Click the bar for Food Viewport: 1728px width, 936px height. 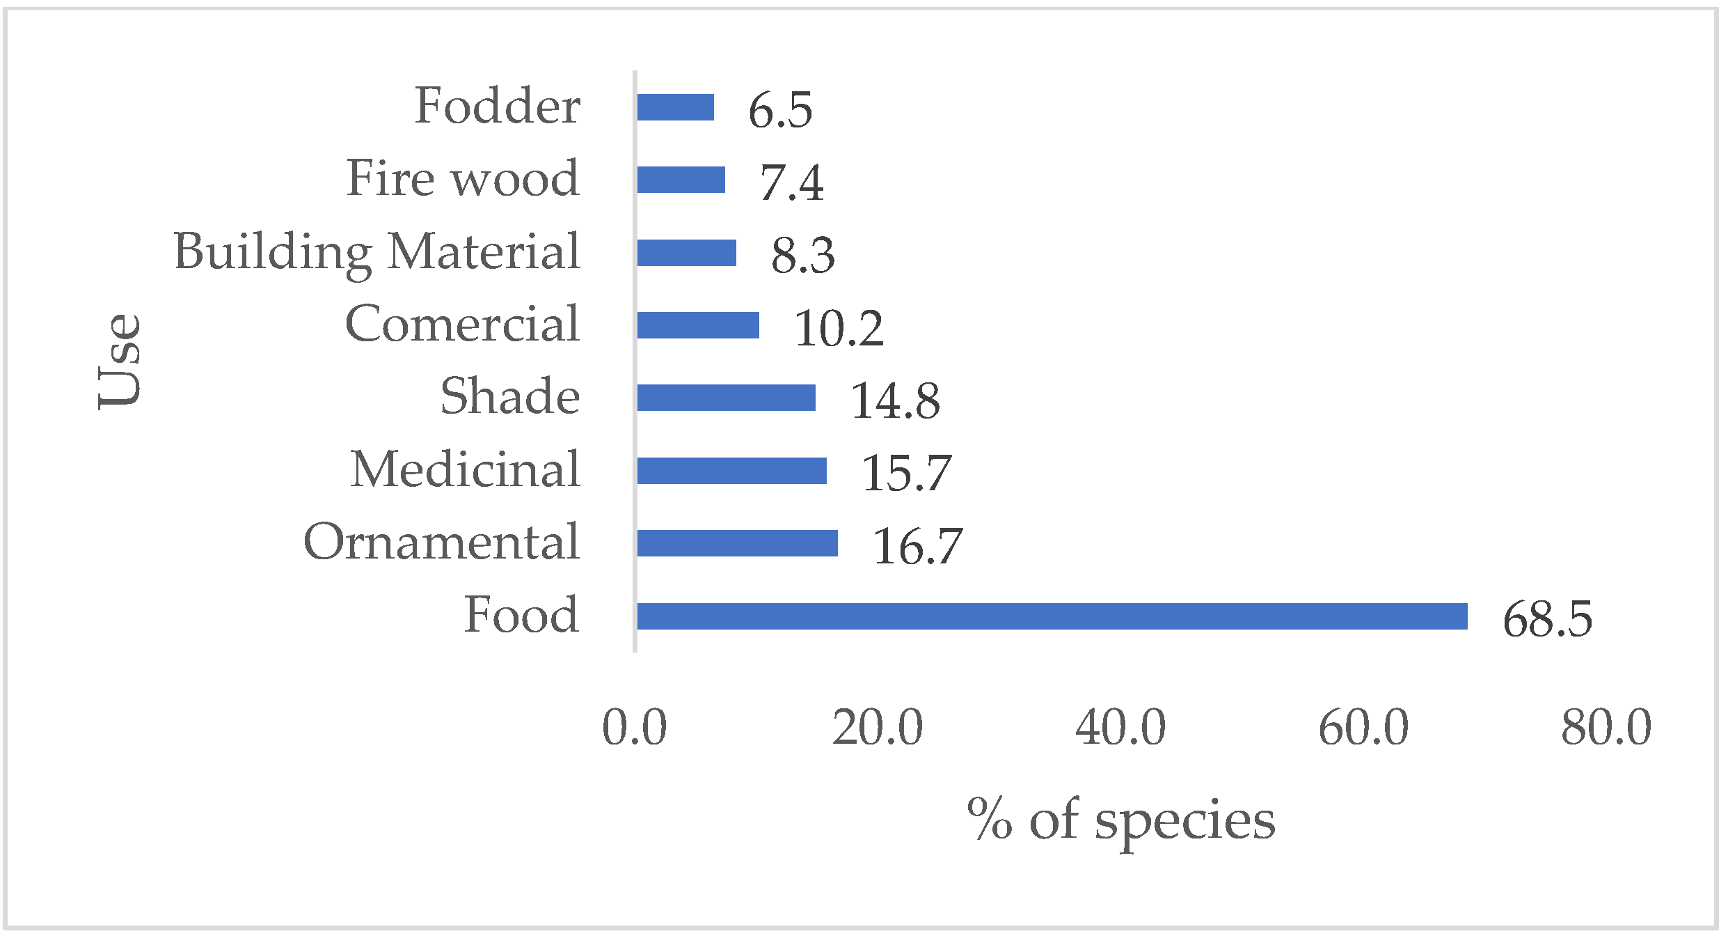pos(1052,616)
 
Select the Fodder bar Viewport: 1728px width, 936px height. pos(675,107)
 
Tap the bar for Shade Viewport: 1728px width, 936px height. pos(726,398)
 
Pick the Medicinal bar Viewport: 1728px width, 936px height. pos(731,471)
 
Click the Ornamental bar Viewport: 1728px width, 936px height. pos(737,543)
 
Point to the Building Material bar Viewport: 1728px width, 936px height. pos(686,253)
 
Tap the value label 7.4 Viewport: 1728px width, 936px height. pos(791,182)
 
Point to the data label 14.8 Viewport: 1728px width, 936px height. pos(895,400)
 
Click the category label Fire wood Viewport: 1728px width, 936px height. pos(463,178)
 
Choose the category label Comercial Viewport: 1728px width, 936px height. pos(462,324)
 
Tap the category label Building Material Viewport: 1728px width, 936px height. pos(376,252)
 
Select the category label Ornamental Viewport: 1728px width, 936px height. pos(441,542)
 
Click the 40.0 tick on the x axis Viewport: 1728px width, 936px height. pos(1120,728)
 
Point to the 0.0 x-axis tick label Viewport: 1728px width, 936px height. pos(634,728)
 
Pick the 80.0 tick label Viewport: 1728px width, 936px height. pos(1606,728)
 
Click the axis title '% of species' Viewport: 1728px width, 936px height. pos(1120,820)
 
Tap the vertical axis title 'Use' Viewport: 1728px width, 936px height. pos(120,361)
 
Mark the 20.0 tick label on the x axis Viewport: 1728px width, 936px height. pos(877,728)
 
